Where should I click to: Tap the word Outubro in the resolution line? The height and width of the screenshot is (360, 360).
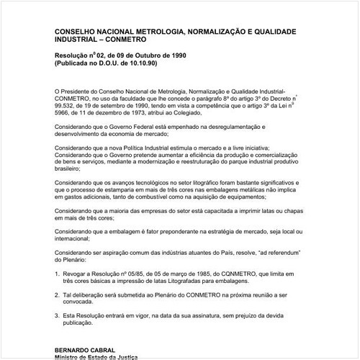pyautogui.click(x=148, y=55)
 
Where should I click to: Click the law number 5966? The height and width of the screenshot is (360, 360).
pyautogui.click(x=64, y=112)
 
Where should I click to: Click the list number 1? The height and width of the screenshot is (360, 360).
pyautogui.click(x=57, y=274)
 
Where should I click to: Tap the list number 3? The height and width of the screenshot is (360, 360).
pyautogui.click(x=57, y=315)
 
